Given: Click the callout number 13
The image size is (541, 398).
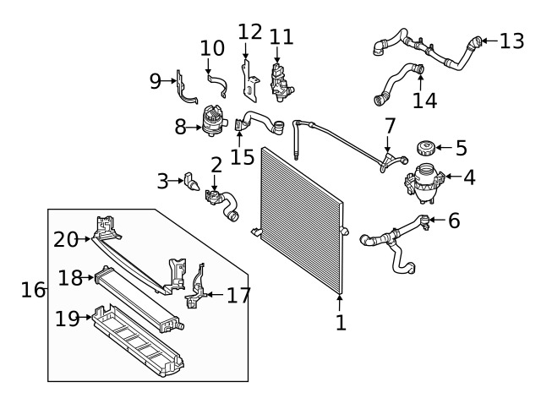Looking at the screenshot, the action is click(512, 41).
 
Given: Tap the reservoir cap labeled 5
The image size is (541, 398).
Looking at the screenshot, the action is click(425, 149).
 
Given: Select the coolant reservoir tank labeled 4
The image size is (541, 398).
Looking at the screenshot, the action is click(424, 183).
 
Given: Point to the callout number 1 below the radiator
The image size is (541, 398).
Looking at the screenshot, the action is click(341, 323).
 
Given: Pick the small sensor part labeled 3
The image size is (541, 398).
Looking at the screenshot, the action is click(192, 181).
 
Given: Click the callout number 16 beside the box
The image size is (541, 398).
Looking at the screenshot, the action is click(33, 290).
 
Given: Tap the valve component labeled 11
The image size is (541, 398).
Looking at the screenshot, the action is click(281, 83).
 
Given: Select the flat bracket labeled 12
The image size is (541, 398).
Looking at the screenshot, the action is click(249, 82).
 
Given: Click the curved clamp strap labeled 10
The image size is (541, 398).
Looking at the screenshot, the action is click(218, 85).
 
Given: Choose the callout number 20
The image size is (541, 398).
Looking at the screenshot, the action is click(66, 240).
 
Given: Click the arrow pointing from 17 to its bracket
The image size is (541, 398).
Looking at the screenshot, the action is click(215, 295).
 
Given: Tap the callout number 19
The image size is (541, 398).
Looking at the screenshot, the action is click(68, 319).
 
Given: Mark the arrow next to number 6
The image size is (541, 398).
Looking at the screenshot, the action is click(437, 220).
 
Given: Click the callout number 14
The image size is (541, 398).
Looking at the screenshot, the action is click(424, 101).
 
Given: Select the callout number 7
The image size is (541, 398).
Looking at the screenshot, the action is click(390, 126).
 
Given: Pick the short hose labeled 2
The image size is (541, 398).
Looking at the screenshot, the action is click(221, 204).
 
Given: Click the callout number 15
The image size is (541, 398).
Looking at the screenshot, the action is click(243, 157).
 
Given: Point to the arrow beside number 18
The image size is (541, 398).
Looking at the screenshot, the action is click(89, 277).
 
